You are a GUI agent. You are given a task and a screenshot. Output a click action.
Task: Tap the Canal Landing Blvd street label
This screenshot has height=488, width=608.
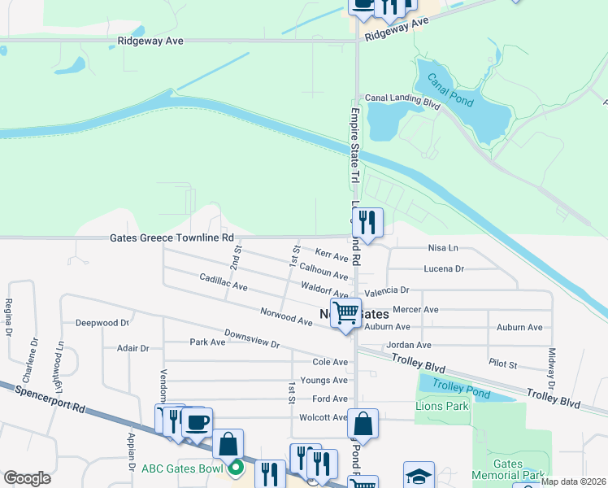click(x=402, y=98)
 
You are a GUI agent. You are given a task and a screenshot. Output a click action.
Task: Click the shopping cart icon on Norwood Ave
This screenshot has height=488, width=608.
click(x=346, y=312)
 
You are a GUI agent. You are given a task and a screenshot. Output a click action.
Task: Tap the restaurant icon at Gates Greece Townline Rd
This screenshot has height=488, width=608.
click(x=367, y=221)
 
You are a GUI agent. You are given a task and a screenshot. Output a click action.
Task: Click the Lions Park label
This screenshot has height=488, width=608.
click(x=442, y=405)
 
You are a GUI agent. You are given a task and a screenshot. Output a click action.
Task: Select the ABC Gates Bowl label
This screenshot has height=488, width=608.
click(x=181, y=468)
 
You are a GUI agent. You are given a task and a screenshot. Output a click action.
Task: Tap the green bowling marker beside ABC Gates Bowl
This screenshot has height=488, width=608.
click(x=236, y=468)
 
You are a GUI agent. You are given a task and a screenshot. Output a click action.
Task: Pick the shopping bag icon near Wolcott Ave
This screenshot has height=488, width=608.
click(x=363, y=423)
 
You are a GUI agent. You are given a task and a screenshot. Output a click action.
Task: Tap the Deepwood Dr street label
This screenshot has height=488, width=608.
click(x=102, y=323)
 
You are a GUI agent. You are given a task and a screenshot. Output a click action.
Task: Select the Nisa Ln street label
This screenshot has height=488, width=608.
click(x=443, y=248)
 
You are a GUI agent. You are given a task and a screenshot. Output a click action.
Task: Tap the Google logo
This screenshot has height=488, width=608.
click(x=27, y=477)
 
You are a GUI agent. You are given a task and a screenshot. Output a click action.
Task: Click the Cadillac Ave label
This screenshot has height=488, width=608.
click(x=224, y=282)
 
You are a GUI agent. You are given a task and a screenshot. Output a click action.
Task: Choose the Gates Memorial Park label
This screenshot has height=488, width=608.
click(x=518, y=469)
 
